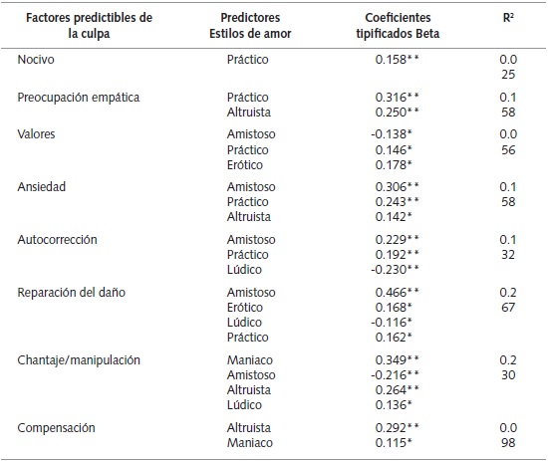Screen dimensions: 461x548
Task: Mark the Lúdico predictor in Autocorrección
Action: point(244,268)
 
